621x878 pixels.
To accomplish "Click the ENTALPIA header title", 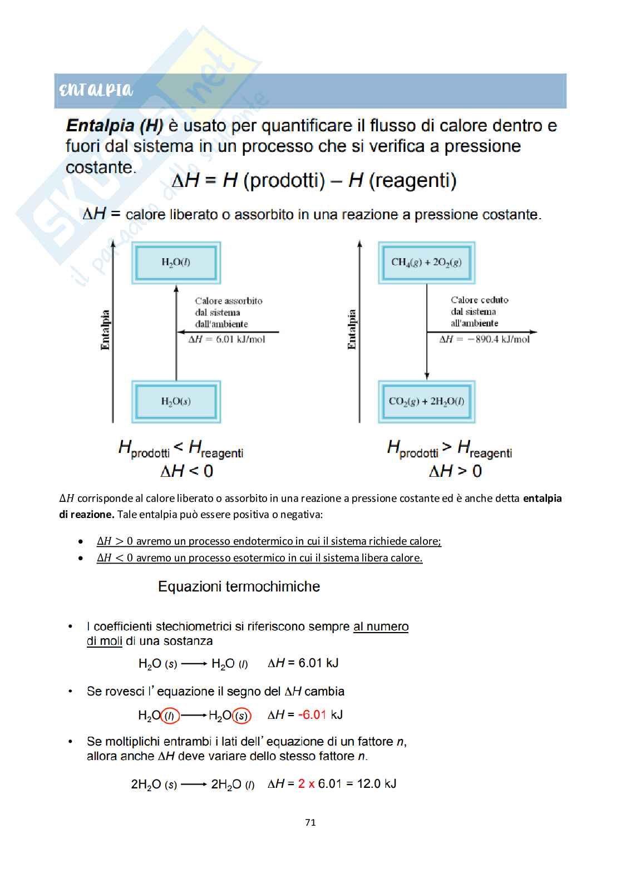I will [96, 90].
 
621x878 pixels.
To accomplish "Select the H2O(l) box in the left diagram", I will [176, 262].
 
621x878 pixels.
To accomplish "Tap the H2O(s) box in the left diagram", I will [176, 401].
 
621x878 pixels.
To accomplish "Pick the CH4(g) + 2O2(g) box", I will [426, 262].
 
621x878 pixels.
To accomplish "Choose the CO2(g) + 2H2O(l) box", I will [426, 401].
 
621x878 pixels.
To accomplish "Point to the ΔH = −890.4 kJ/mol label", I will [484, 339].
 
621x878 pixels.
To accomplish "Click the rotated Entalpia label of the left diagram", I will [105, 329].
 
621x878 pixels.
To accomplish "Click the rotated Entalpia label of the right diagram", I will [351, 329].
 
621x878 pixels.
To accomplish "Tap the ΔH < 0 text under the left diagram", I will [186, 471].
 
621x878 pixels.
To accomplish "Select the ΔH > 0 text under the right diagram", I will [455, 471].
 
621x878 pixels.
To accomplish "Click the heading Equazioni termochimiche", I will [239, 586].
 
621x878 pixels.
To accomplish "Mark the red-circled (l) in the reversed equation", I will [170, 716].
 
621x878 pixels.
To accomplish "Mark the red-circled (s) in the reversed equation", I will [241, 716].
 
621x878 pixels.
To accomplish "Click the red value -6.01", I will [312, 714].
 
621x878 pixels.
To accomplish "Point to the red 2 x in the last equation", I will [307, 783].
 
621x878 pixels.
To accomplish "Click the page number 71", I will [310, 822].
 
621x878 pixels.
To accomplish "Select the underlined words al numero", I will [381, 627].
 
